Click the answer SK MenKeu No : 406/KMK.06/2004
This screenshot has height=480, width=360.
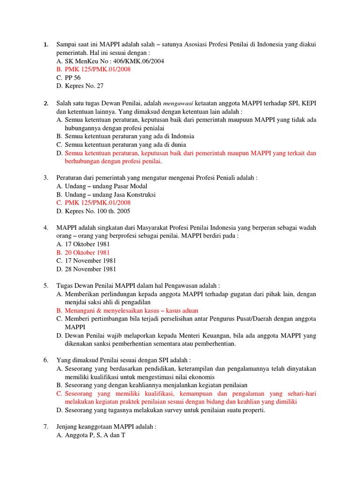tap(114, 61)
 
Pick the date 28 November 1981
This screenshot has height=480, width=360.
tap(90, 269)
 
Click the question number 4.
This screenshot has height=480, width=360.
tap(46, 228)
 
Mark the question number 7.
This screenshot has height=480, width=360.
tap(46, 427)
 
